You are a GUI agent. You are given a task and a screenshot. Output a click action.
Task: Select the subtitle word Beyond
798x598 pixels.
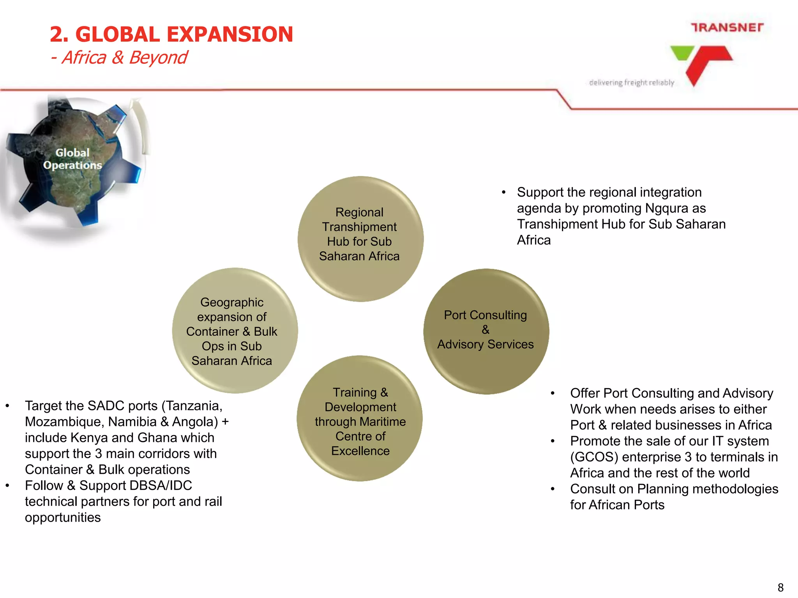click(x=158, y=58)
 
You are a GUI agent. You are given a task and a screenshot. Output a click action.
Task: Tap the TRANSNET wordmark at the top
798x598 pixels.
click(x=727, y=28)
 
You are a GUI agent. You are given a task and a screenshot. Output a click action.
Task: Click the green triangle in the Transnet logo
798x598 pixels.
click(x=682, y=53)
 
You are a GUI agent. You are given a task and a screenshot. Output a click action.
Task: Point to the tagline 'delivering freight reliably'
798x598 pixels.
click(x=632, y=83)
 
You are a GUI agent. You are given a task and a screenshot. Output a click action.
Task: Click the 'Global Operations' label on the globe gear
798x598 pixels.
click(x=72, y=159)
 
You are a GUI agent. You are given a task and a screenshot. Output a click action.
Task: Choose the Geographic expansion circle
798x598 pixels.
click(x=235, y=331)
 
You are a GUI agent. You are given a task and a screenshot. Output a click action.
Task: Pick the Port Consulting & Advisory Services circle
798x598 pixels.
click(x=486, y=331)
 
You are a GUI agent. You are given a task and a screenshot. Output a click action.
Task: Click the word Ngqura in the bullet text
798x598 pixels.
click(x=666, y=208)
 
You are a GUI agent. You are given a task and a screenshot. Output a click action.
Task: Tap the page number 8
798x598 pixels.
click(x=780, y=587)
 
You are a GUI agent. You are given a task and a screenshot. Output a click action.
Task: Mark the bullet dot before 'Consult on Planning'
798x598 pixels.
click(x=553, y=489)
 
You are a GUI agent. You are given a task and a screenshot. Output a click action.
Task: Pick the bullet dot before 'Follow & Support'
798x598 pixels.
click(x=7, y=485)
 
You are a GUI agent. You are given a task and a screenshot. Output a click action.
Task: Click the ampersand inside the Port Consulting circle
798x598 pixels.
click(x=486, y=330)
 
